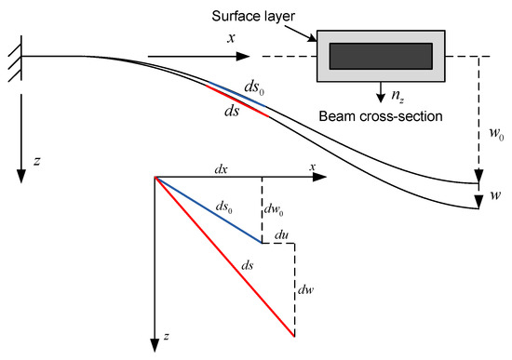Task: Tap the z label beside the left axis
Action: click(x=36, y=161)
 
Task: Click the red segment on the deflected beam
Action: click(x=237, y=97)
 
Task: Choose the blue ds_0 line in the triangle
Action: click(x=209, y=210)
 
